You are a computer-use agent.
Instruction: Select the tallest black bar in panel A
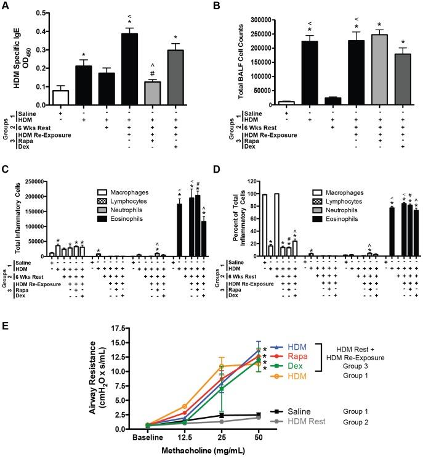pos(129,71)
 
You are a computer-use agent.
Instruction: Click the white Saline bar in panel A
pos(60,99)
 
